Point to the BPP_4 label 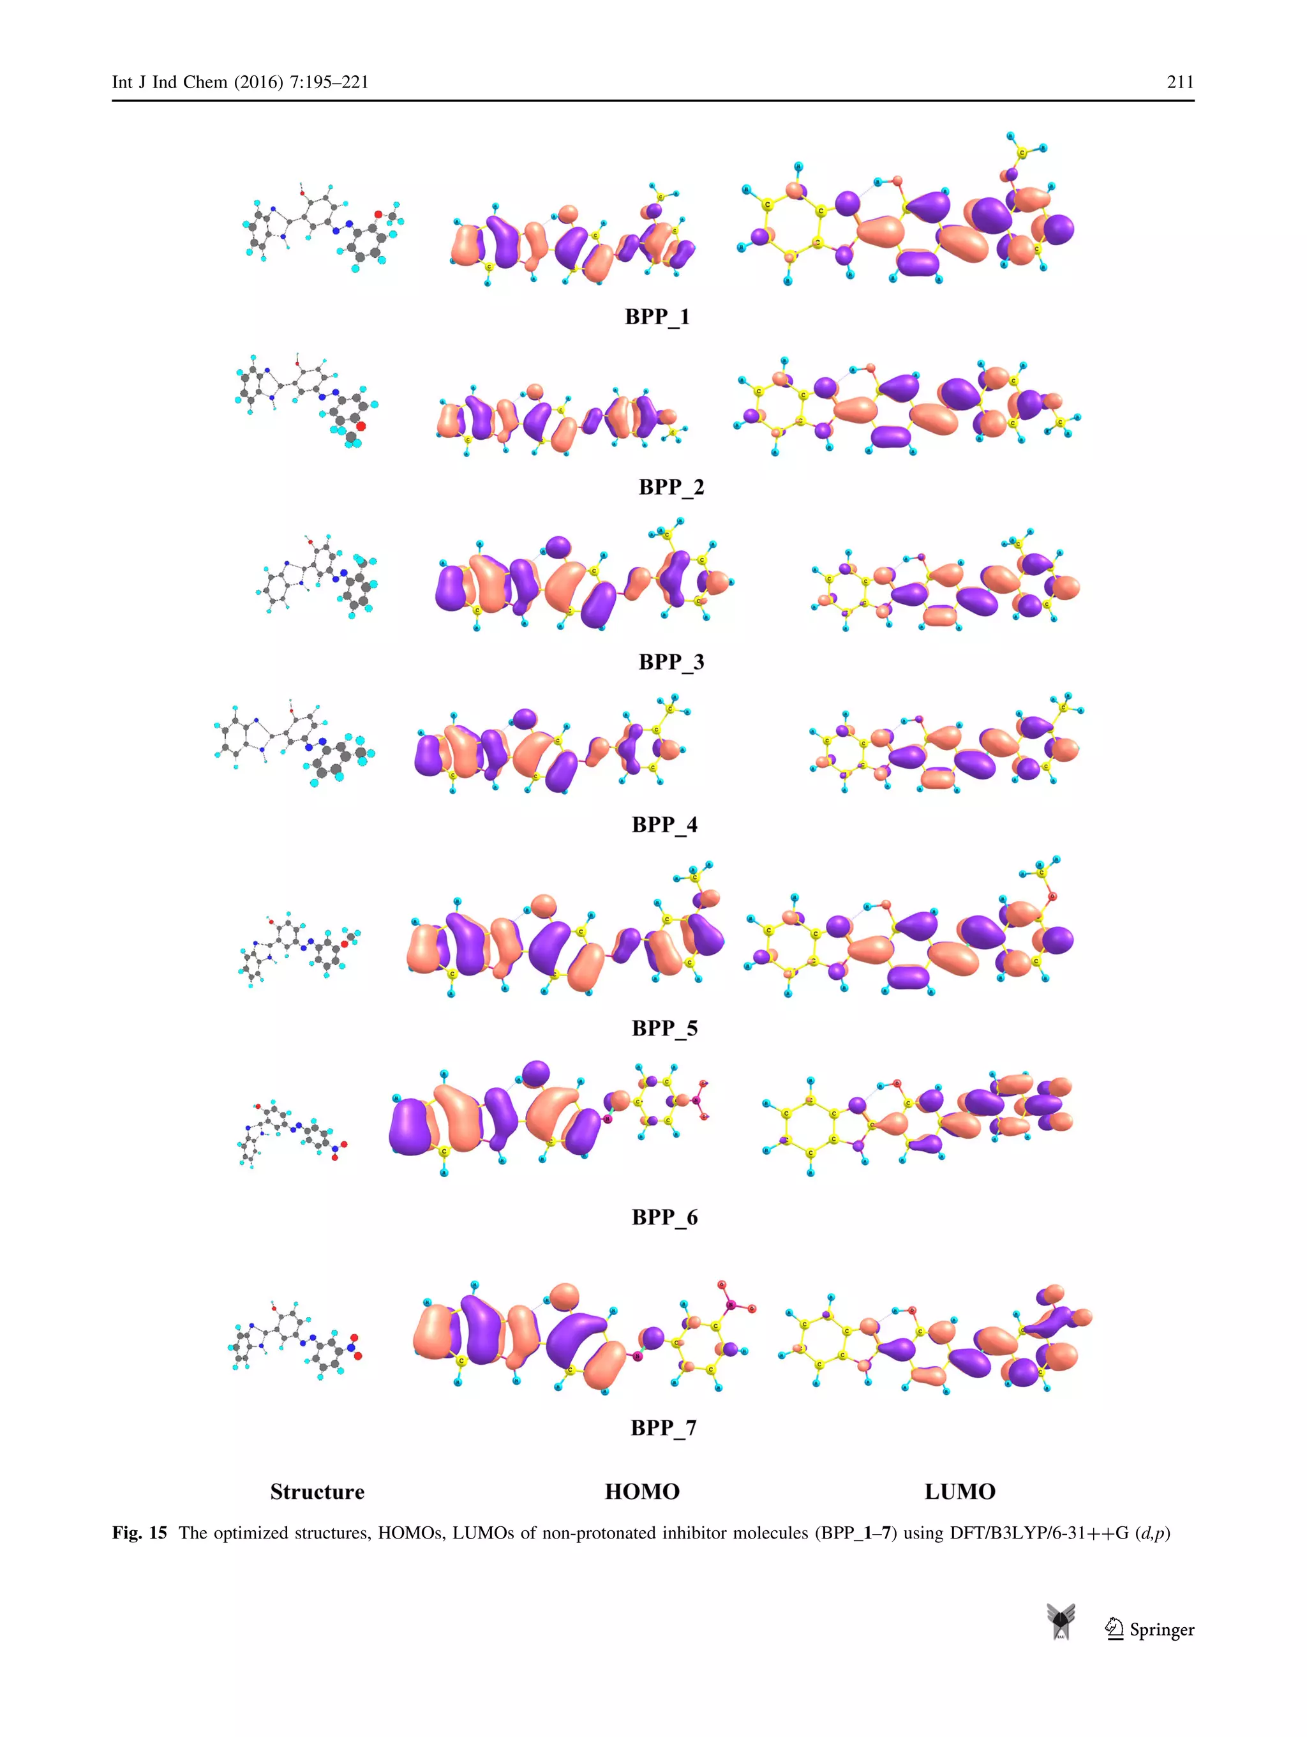coord(664,825)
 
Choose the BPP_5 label coord(664,1028)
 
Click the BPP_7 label coord(663,1427)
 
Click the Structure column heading coord(317,1492)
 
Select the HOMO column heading coord(641,1492)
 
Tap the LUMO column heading coord(959,1492)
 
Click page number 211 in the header coord(1180,82)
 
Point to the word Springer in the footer coord(1161,1630)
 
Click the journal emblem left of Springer coord(1061,1622)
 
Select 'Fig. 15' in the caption coord(140,1533)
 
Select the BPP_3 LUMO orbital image coord(945,585)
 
